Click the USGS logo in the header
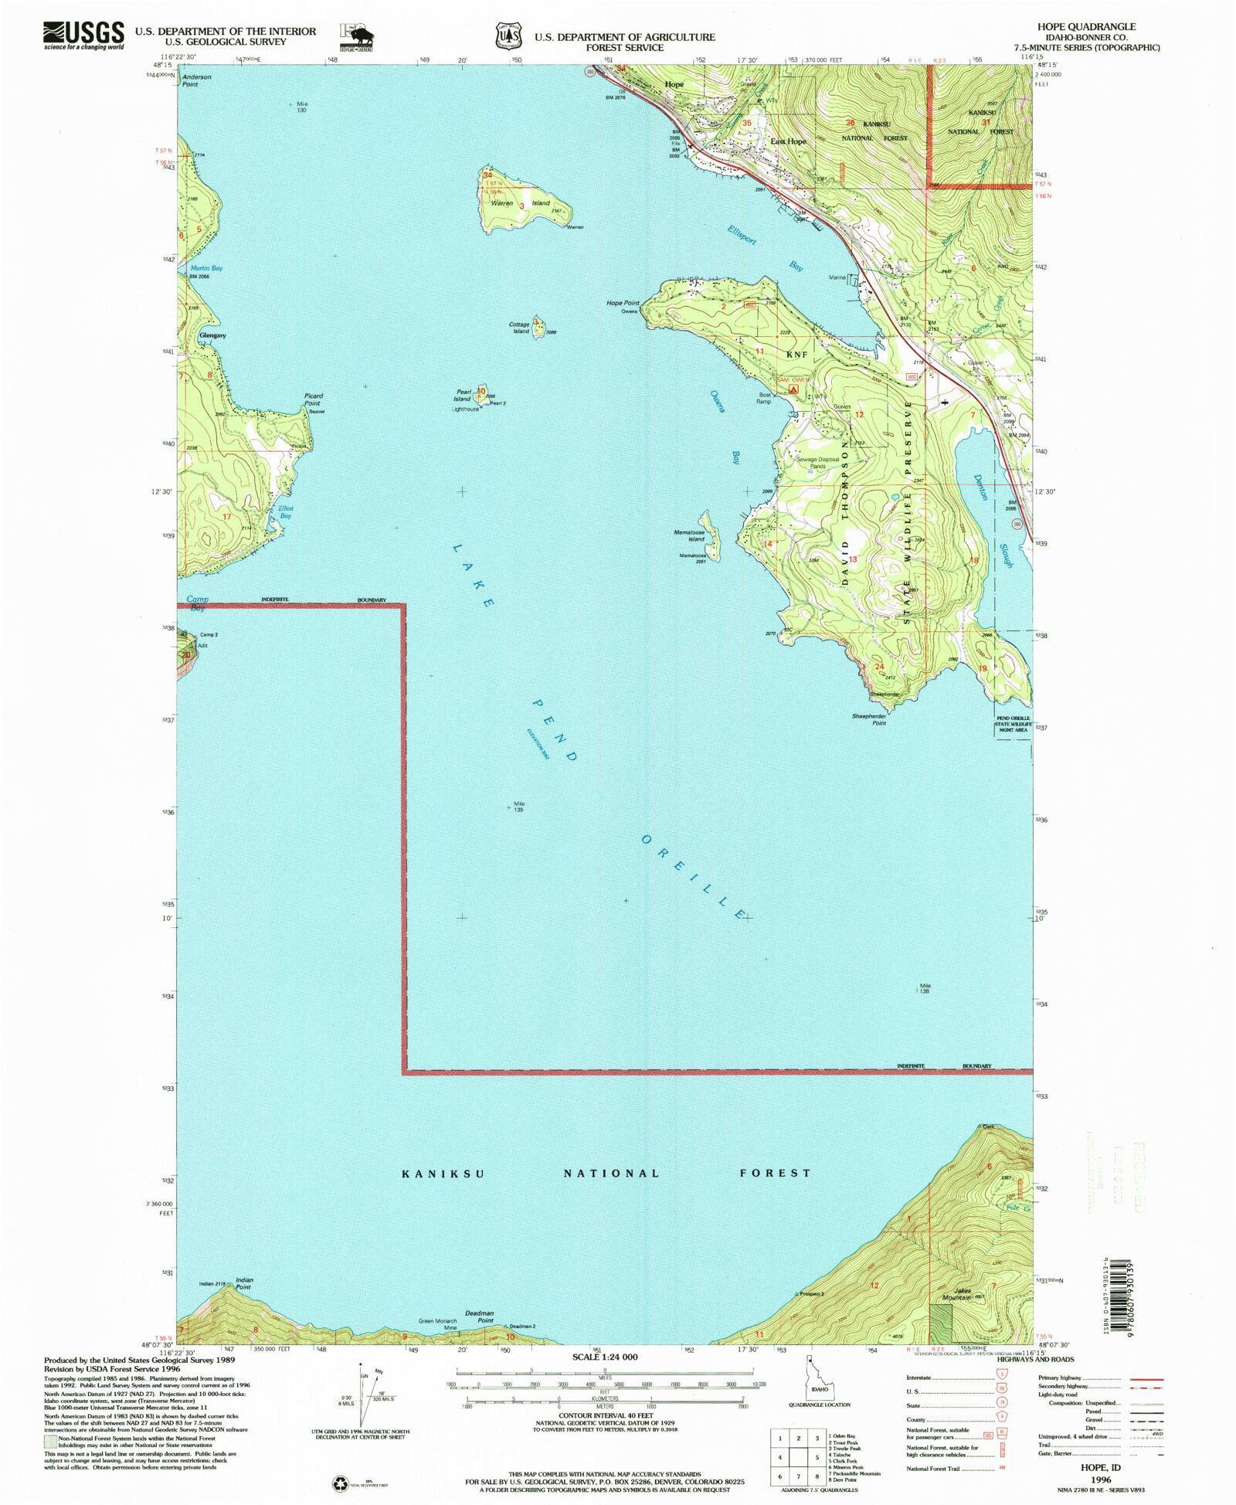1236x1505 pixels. tap(83, 35)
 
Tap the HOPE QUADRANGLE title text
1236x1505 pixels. tap(1086, 26)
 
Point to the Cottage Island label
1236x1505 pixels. tap(519, 328)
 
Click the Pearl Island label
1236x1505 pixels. tap(463, 396)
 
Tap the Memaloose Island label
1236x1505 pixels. tap(689, 535)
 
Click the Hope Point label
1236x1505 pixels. tap(623, 303)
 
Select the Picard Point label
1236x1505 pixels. tap(312, 399)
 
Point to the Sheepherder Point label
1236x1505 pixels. tap(869, 719)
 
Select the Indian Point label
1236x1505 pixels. tap(244, 1283)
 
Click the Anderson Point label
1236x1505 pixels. tap(196, 80)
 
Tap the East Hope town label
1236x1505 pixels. tap(788, 141)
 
